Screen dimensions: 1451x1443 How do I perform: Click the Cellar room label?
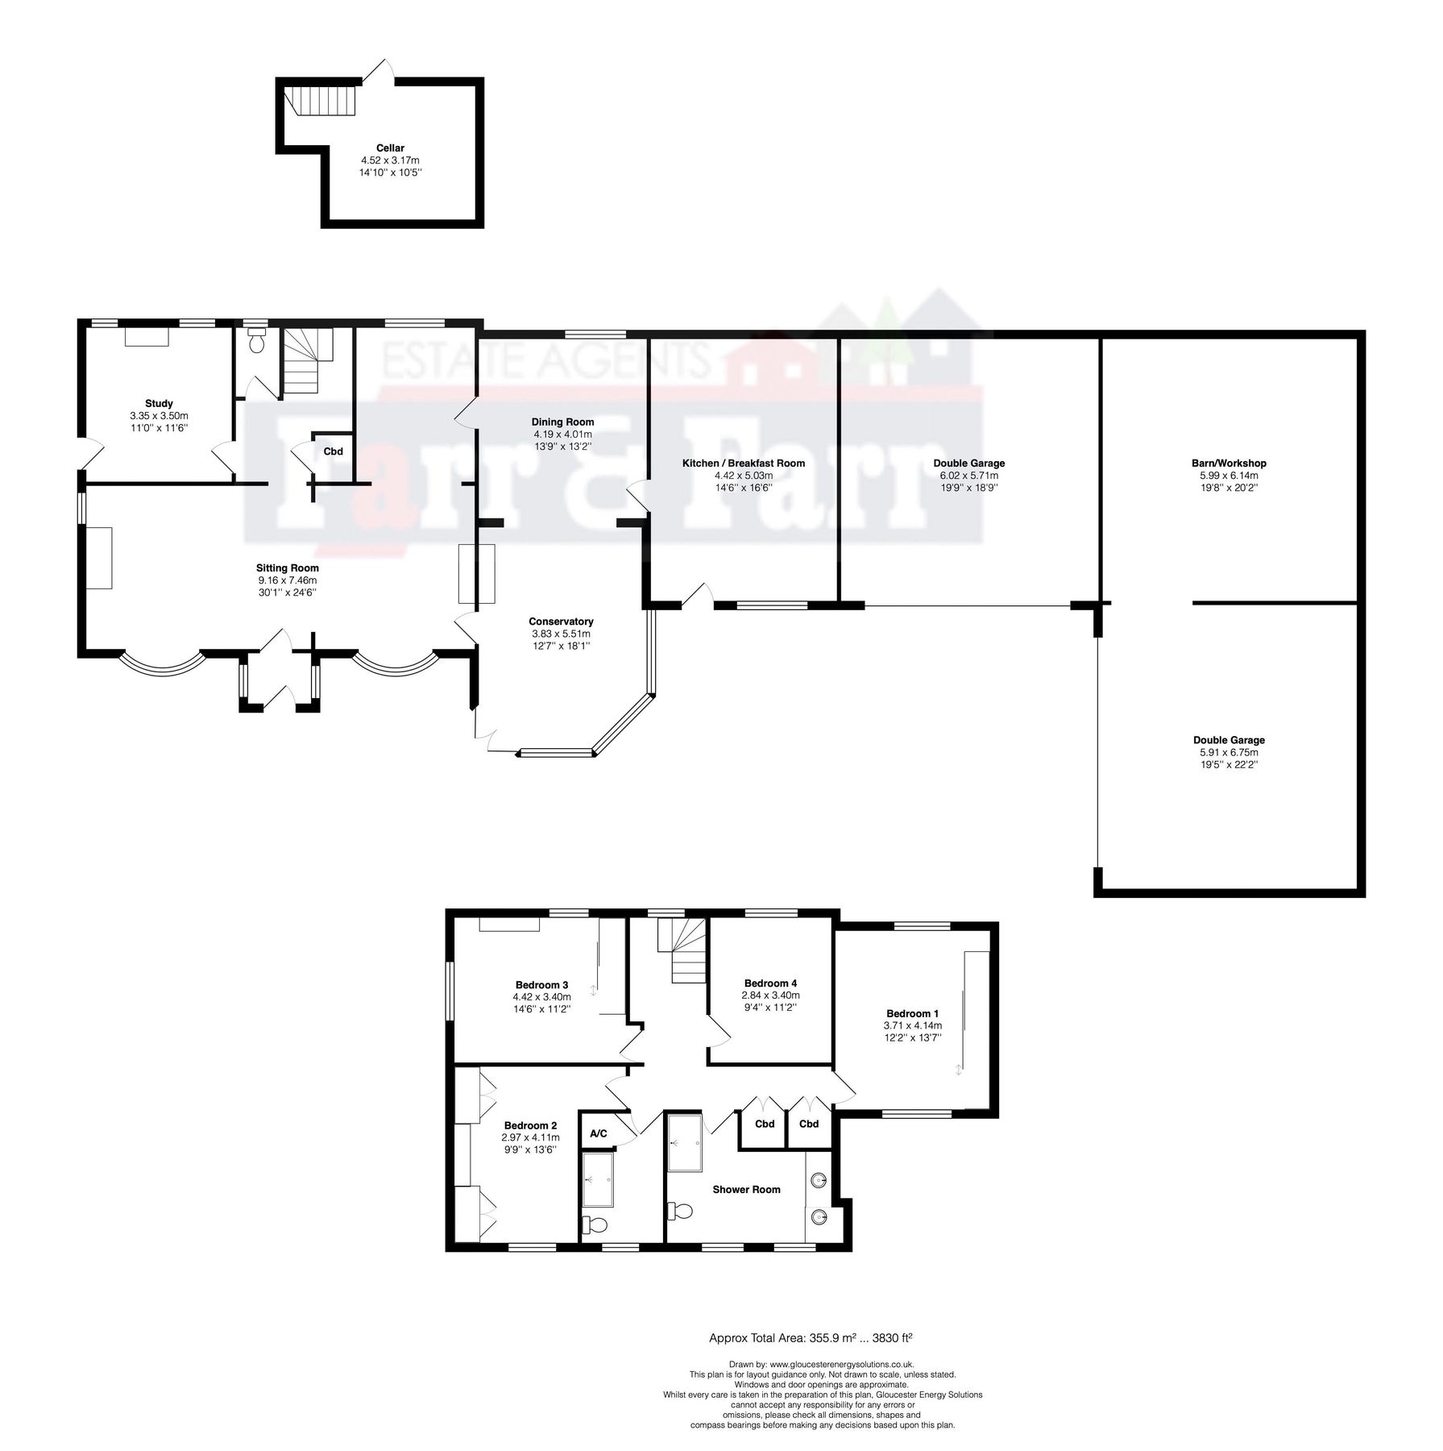390,148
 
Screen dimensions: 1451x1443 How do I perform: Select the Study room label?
159,403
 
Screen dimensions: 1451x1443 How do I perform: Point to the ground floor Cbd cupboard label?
333,451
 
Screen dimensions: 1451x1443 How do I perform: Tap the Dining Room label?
562,422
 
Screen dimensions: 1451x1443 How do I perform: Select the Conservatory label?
561,621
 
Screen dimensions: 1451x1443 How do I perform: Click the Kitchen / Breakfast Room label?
743,463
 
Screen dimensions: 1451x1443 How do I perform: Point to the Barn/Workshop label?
1228,463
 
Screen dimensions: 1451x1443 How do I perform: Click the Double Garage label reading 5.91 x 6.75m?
1228,752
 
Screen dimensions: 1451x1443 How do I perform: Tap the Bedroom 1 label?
912,1013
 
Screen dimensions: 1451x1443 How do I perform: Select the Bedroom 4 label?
770,983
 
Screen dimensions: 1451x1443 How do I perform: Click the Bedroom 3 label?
541,984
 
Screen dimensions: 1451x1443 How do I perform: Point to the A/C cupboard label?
599,1133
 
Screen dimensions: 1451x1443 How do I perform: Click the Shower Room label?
746,1189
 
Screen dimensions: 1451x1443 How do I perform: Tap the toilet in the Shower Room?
681,1211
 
